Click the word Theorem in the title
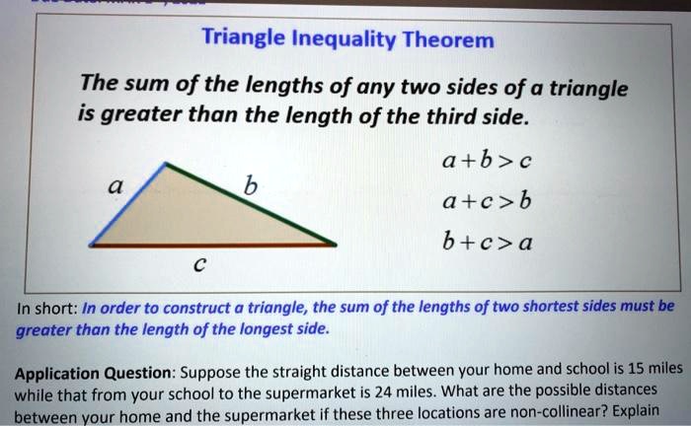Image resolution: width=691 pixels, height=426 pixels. (x=448, y=40)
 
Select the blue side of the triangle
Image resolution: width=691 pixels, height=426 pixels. (x=127, y=204)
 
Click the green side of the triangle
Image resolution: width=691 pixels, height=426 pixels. (x=251, y=204)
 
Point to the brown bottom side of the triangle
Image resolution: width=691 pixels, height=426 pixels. (x=213, y=246)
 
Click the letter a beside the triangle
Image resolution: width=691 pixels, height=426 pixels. (x=115, y=186)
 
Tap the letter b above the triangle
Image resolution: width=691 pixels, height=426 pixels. (x=251, y=185)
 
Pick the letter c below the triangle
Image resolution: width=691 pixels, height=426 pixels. (x=199, y=264)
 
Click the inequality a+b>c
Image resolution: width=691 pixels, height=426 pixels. (x=487, y=160)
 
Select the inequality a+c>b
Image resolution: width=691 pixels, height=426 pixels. (x=487, y=201)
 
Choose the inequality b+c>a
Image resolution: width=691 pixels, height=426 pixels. (x=488, y=242)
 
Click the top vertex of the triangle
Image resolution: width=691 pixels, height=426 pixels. (x=165, y=164)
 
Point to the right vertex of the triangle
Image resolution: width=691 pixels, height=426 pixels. (x=336, y=245)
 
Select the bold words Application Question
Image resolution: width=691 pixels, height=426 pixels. (x=93, y=374)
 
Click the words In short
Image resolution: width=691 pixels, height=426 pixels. (x=47, y=308)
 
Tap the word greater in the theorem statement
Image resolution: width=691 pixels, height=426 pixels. (x=141, y=115)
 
